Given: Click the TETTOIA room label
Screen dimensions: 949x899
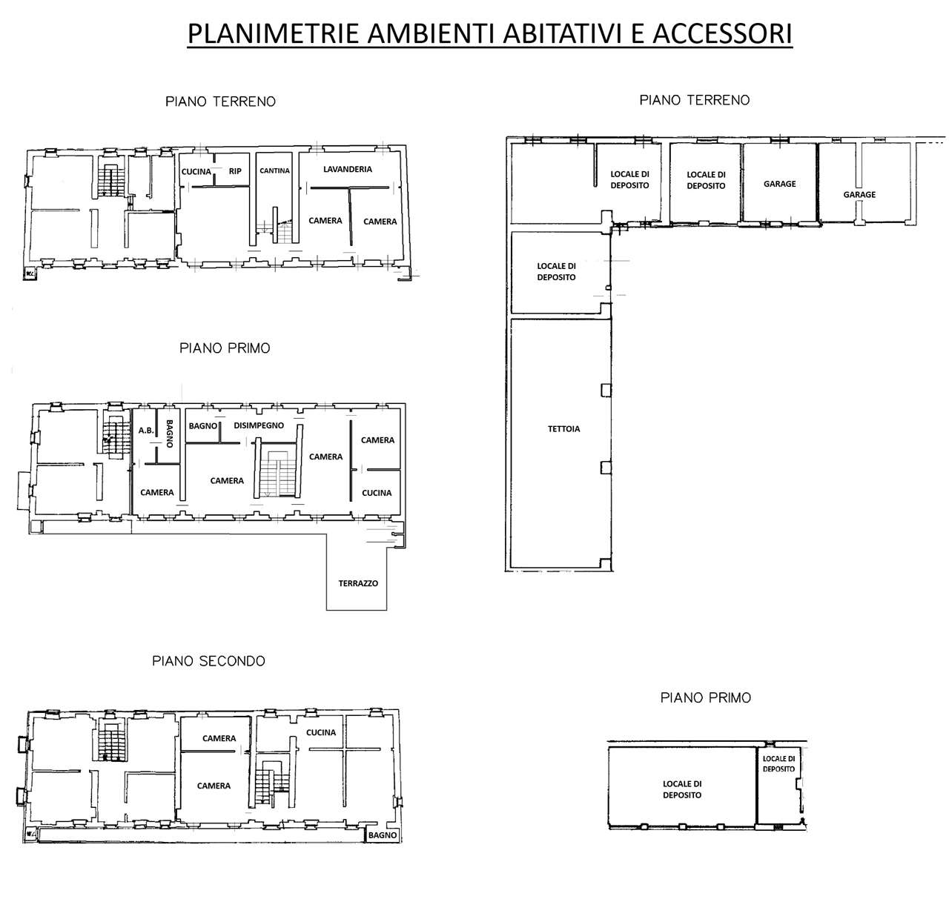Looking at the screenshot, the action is [x=563, y=428].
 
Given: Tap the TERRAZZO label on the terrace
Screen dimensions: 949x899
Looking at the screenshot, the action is [x=357, y=583].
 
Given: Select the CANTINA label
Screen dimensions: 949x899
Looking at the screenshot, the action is [x=274, y=170].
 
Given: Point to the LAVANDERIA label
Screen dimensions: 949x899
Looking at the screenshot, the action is [x=348, y=169].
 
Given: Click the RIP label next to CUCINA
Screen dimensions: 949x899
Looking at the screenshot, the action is [x=235, y=170].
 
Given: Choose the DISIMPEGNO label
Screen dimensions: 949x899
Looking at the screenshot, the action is [x=259, y=425].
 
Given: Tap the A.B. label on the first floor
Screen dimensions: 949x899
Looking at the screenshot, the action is [x=146, y=430].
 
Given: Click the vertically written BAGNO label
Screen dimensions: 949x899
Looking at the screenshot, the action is [x=170, y=434].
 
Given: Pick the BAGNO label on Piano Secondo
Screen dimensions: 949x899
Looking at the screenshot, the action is [x=383, y=835].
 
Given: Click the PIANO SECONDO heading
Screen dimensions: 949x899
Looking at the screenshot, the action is [x=208, y=660].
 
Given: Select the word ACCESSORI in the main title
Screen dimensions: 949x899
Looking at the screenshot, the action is [x=722, y=34].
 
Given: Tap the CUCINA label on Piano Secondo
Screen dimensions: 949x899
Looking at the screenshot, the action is [x=321, y=732].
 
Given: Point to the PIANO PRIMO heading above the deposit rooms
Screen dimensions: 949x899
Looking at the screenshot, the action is [x=706, y=697].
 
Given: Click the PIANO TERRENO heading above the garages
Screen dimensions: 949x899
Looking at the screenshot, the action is [x=695, y=100].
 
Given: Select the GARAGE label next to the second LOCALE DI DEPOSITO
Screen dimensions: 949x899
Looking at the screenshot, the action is [x=779, y=184].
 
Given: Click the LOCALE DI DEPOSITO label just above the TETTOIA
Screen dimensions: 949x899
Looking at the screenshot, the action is [x=556, y=272].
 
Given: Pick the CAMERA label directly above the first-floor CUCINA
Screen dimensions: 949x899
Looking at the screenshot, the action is [x=377, y=440].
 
